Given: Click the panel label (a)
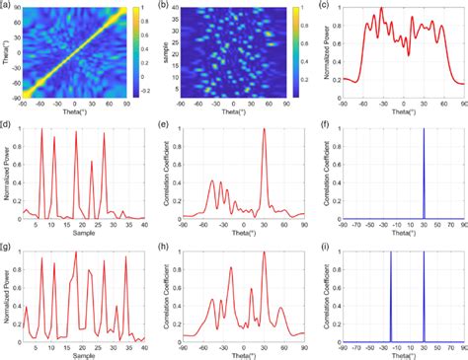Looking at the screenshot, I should tap(7, 6).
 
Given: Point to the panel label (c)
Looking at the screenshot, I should tap(324, 6).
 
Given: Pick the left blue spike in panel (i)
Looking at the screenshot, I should tap(391, 296).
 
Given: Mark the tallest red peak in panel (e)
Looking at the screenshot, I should tap(264, 131).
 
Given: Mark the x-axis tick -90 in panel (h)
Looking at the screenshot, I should tap(183, 347).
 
